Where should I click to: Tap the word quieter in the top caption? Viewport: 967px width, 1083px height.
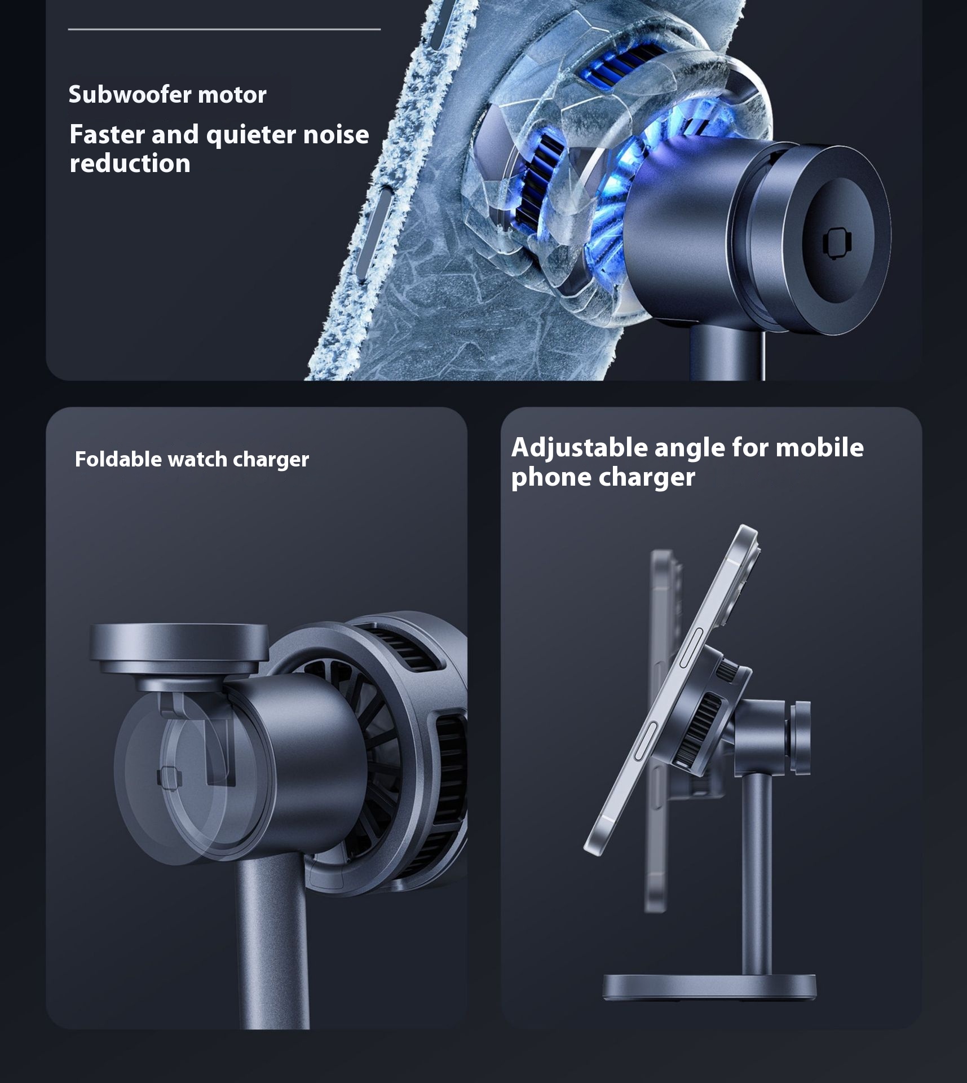pos(251,135)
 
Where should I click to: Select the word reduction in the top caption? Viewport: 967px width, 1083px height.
pos(130,164)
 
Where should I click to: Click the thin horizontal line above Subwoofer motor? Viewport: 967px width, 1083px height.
pos(224,29)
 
